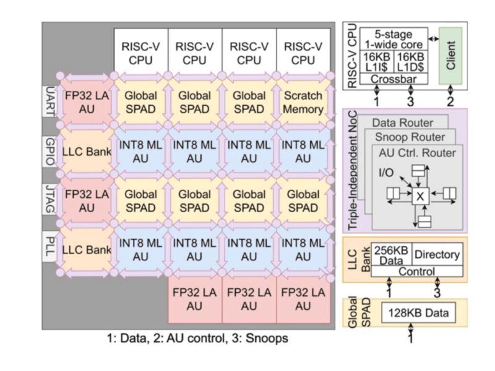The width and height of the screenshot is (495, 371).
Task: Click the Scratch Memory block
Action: pos(303,103)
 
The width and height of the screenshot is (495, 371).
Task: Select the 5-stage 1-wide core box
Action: pos(394,40)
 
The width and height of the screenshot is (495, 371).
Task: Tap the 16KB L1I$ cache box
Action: pos(377,62)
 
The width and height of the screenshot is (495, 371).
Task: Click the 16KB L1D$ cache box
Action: pos(411,62)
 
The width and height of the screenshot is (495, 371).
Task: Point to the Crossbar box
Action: pos(394,79)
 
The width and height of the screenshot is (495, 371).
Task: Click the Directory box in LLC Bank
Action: pos(437,254)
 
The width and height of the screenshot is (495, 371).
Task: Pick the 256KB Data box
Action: pos(392,254)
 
